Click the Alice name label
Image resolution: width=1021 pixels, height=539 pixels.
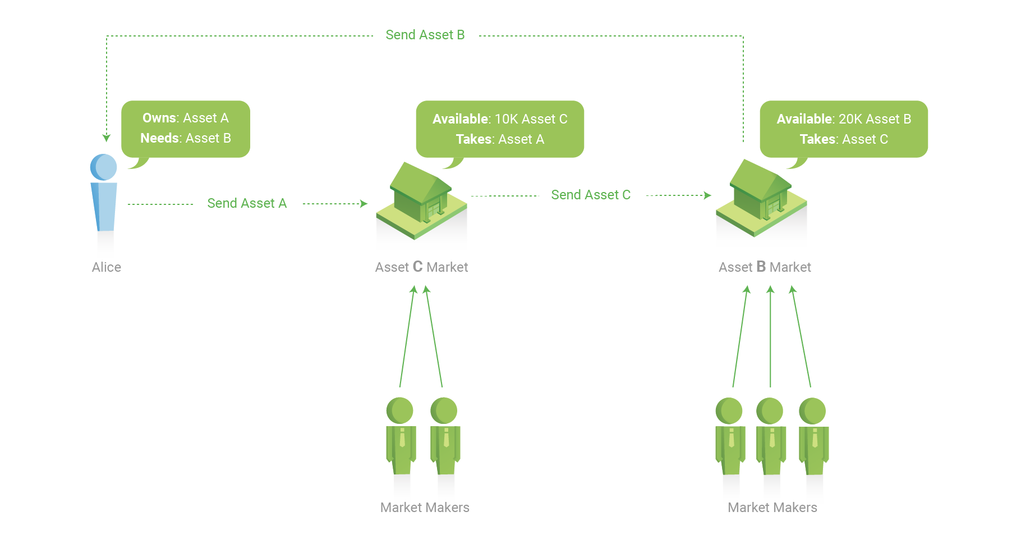point(107,267)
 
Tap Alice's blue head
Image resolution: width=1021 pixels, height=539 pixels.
point(104,167)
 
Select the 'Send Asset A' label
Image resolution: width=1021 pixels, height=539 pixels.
point(247,203)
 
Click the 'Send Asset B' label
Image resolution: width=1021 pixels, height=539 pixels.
point(425,35)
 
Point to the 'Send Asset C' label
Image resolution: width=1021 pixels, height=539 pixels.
point(591,195)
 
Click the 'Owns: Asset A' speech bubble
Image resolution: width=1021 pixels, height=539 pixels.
point(186,129)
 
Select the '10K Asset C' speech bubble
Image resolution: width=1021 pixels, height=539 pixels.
point(500,130)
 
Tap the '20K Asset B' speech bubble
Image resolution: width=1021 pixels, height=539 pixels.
point(844,130)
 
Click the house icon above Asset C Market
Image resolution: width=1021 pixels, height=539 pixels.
point(422,200)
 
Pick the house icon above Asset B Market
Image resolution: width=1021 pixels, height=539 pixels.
point(762,198)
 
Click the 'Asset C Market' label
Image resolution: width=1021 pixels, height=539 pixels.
point(421,267)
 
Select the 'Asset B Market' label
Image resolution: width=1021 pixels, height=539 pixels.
point(765,267)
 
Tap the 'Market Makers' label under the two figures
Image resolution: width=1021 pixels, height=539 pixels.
point(425,508)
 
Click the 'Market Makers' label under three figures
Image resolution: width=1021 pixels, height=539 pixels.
point(772,508)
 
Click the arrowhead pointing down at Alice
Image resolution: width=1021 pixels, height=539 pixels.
point(107,138)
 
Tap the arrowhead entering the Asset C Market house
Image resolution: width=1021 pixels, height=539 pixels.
point(364,204)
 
